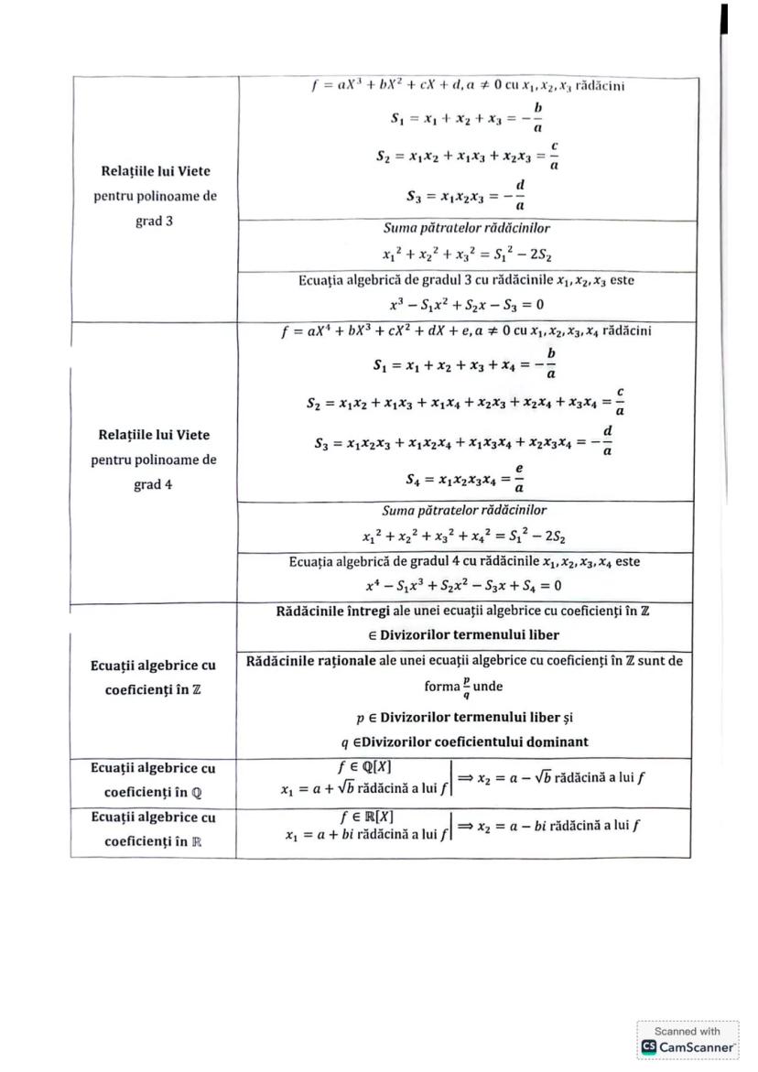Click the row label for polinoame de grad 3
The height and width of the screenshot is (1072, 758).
click(x=155, y=196)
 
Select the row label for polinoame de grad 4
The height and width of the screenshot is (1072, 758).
click(x=154, y=460)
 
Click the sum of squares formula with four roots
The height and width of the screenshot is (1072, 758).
click(x=464, y=535)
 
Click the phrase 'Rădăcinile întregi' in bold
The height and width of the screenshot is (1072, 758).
click(x=329, y=610)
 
